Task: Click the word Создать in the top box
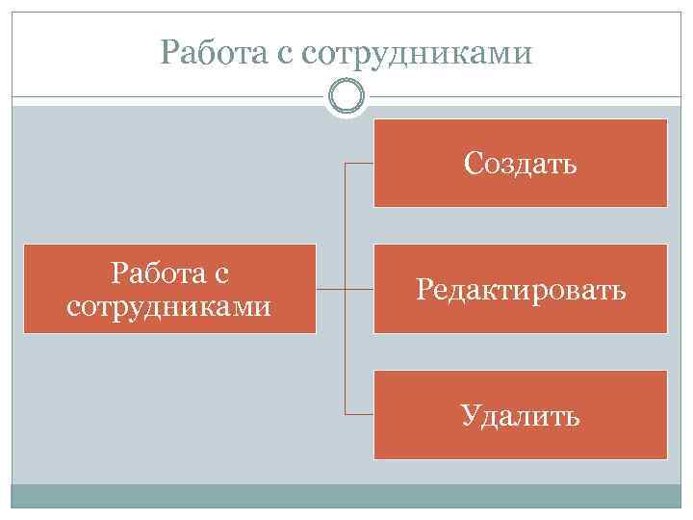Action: click(520, 164)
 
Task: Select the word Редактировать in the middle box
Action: click(521, 289)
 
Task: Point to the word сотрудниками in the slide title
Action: click(416, 51)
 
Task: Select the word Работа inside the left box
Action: click(158, 274)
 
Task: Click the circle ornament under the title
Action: click(346, 96)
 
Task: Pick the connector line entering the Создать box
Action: click(359, 164)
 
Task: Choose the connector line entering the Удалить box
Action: click(359, 414)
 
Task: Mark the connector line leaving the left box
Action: click(330, 289)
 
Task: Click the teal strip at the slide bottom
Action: click(346, 496)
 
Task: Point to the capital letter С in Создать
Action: click(472, 164)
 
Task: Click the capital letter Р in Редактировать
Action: click(423, 289)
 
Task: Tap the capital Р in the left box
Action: click(119, 274)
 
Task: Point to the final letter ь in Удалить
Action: click(573, 417)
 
